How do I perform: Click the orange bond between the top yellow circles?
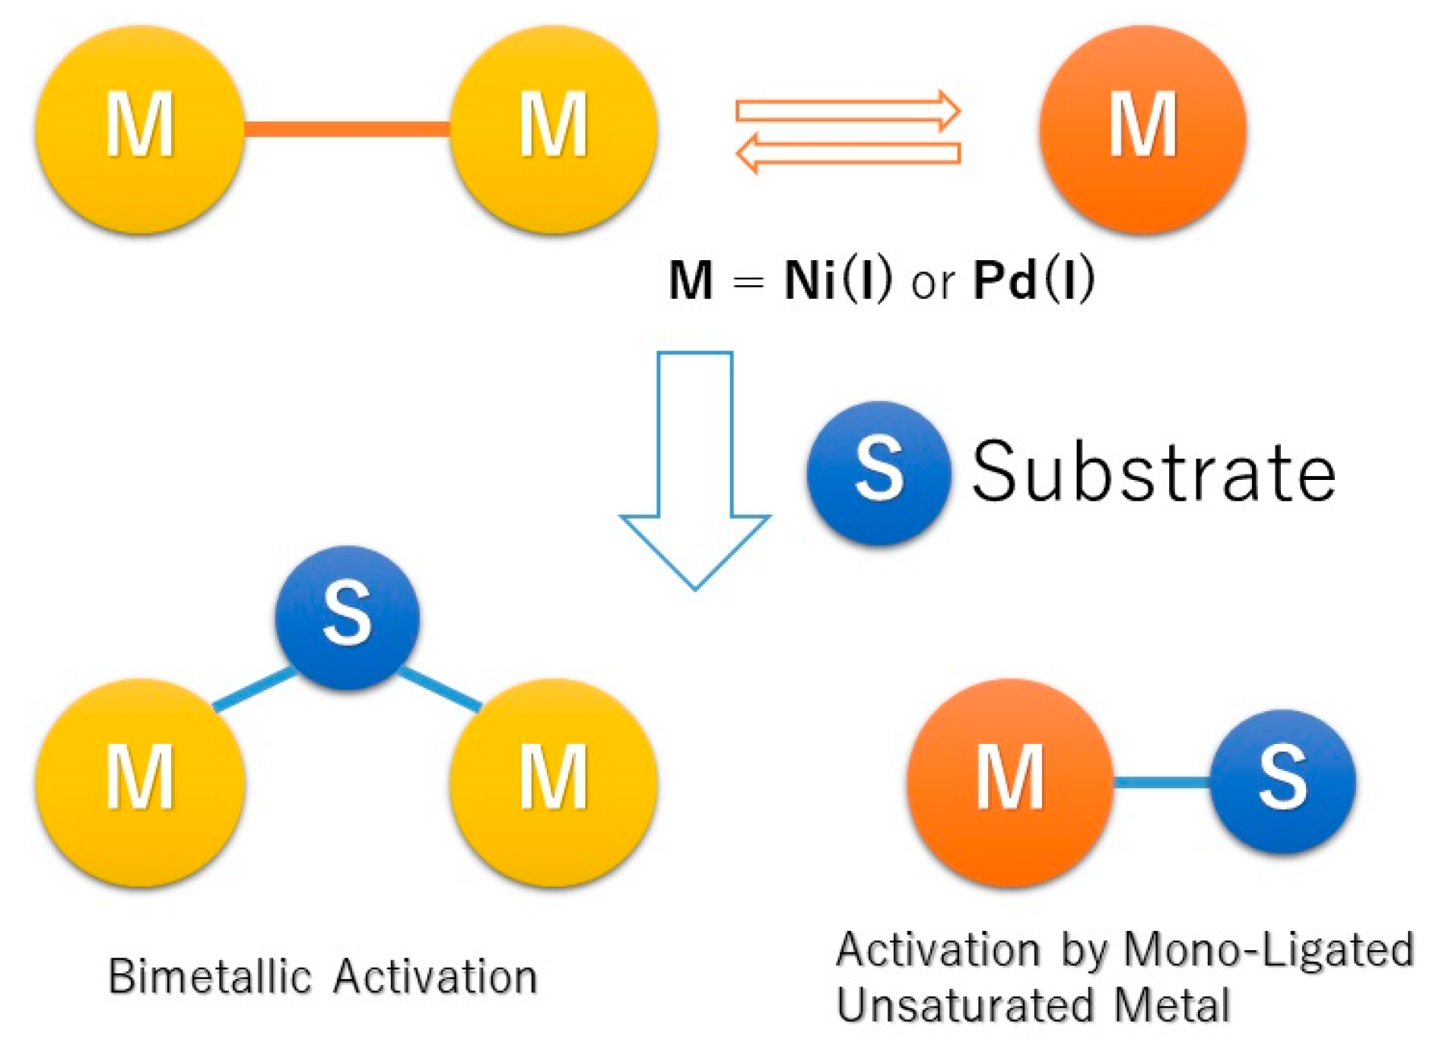point(347,129)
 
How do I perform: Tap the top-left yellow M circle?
point(140,129)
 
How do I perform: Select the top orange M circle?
point(1142,129)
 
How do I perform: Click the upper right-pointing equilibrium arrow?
point(847,111)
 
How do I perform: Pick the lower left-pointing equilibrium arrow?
point(847,153)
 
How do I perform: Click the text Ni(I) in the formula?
point(837,280)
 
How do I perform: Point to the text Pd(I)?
point(1034,280)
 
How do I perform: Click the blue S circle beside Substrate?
point(879,472)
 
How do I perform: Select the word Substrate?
point(1152,472)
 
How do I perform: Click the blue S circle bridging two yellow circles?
point(347,617)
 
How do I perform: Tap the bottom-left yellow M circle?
point(140,782)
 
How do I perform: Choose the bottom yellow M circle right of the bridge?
point(554,782)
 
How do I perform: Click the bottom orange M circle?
point(1009,782)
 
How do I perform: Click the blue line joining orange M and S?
point(1161,782)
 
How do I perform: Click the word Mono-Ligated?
point(1268,950)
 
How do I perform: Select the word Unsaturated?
point(964,1006)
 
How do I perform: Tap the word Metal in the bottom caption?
point(1172,1006)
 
